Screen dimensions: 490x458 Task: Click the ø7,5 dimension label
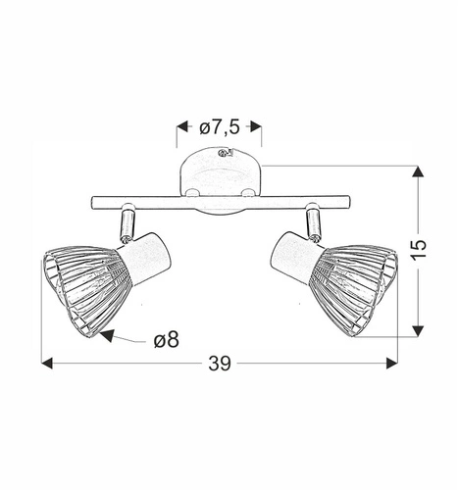tap(219, 126)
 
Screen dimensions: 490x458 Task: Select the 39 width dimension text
tap(220, 364)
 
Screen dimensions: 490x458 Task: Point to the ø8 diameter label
tap(167, 340)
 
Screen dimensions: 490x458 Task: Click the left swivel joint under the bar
tap(127, 223)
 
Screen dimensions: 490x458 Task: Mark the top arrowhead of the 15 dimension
tap(419, 172)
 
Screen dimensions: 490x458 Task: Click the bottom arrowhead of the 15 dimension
tap(419, 330)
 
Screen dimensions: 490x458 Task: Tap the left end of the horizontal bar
tap(92, 202)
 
